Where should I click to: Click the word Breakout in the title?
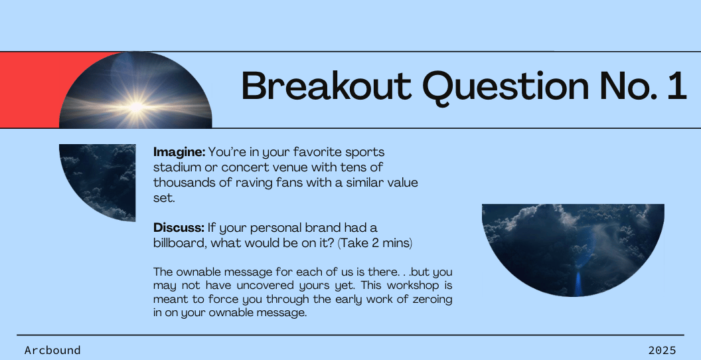pyautogui.click(x=327, y=86)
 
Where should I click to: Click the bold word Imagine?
pyautogui.click(x=179, y=153)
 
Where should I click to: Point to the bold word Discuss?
pyautogui.click(x=179, y=228)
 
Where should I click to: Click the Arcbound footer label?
pyautogui.click(x=52, y=350)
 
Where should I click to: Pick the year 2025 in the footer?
pyautogui.click(x=662, y=350)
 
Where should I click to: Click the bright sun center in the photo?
pyautogui.click(x=136, y=107)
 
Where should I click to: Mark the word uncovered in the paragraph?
pyautogui.click(x=284, y=286)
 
